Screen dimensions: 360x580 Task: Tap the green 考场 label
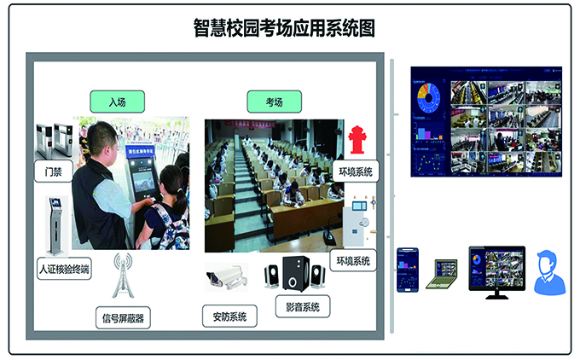coord(274,102)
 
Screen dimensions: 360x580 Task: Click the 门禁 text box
coord(52,171)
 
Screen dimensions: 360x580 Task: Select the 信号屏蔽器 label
coord(123,319)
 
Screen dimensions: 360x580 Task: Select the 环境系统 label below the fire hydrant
coord(355,171)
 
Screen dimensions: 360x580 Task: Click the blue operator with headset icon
coord(549,272)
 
